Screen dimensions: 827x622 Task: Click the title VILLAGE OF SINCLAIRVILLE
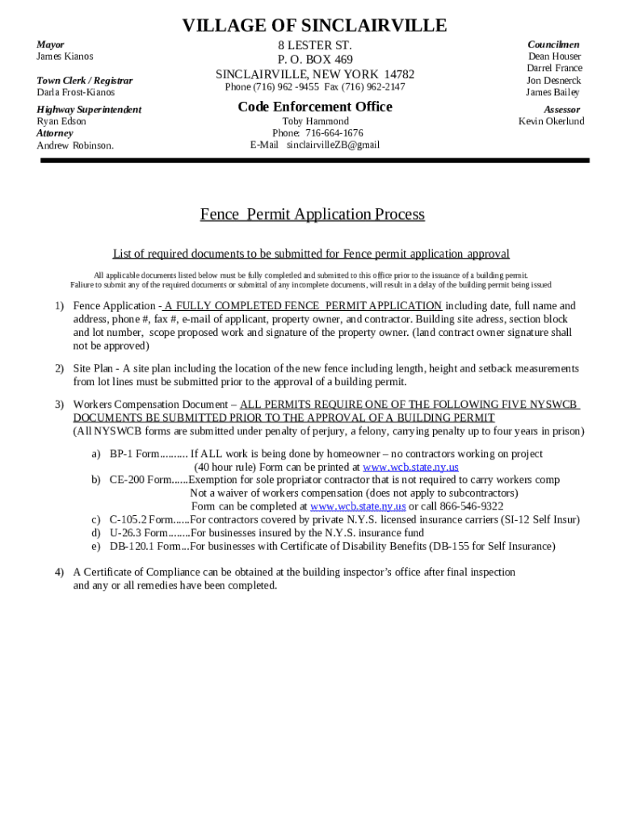tap(314, 26)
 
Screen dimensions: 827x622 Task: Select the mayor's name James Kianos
tap(65, 57)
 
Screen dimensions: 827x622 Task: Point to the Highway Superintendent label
tap(89, 109)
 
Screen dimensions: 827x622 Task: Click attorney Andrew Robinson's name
tap(75, 145)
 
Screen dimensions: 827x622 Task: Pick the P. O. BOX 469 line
tap(315, 60)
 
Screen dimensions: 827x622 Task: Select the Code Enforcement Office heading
tap(315, 107)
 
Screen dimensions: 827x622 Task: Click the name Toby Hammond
tap(315, 122)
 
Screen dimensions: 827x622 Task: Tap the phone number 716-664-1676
tap(334, 133)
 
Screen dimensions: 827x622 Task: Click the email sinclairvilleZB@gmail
tap(333, 145)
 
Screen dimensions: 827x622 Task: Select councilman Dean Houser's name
tap(554, 57)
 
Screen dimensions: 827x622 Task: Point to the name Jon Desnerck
tap(553, 81)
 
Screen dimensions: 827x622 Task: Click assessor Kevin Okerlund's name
tap(551, 122)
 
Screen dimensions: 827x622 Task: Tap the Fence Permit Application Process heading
tap(312, 214)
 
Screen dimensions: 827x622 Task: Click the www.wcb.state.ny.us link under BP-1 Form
tap(410, 468)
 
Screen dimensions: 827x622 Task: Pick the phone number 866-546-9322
tap(466, 506)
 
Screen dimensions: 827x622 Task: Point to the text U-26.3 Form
tap(138, 533)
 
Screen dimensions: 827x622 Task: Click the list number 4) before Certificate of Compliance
tap(59, 573)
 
